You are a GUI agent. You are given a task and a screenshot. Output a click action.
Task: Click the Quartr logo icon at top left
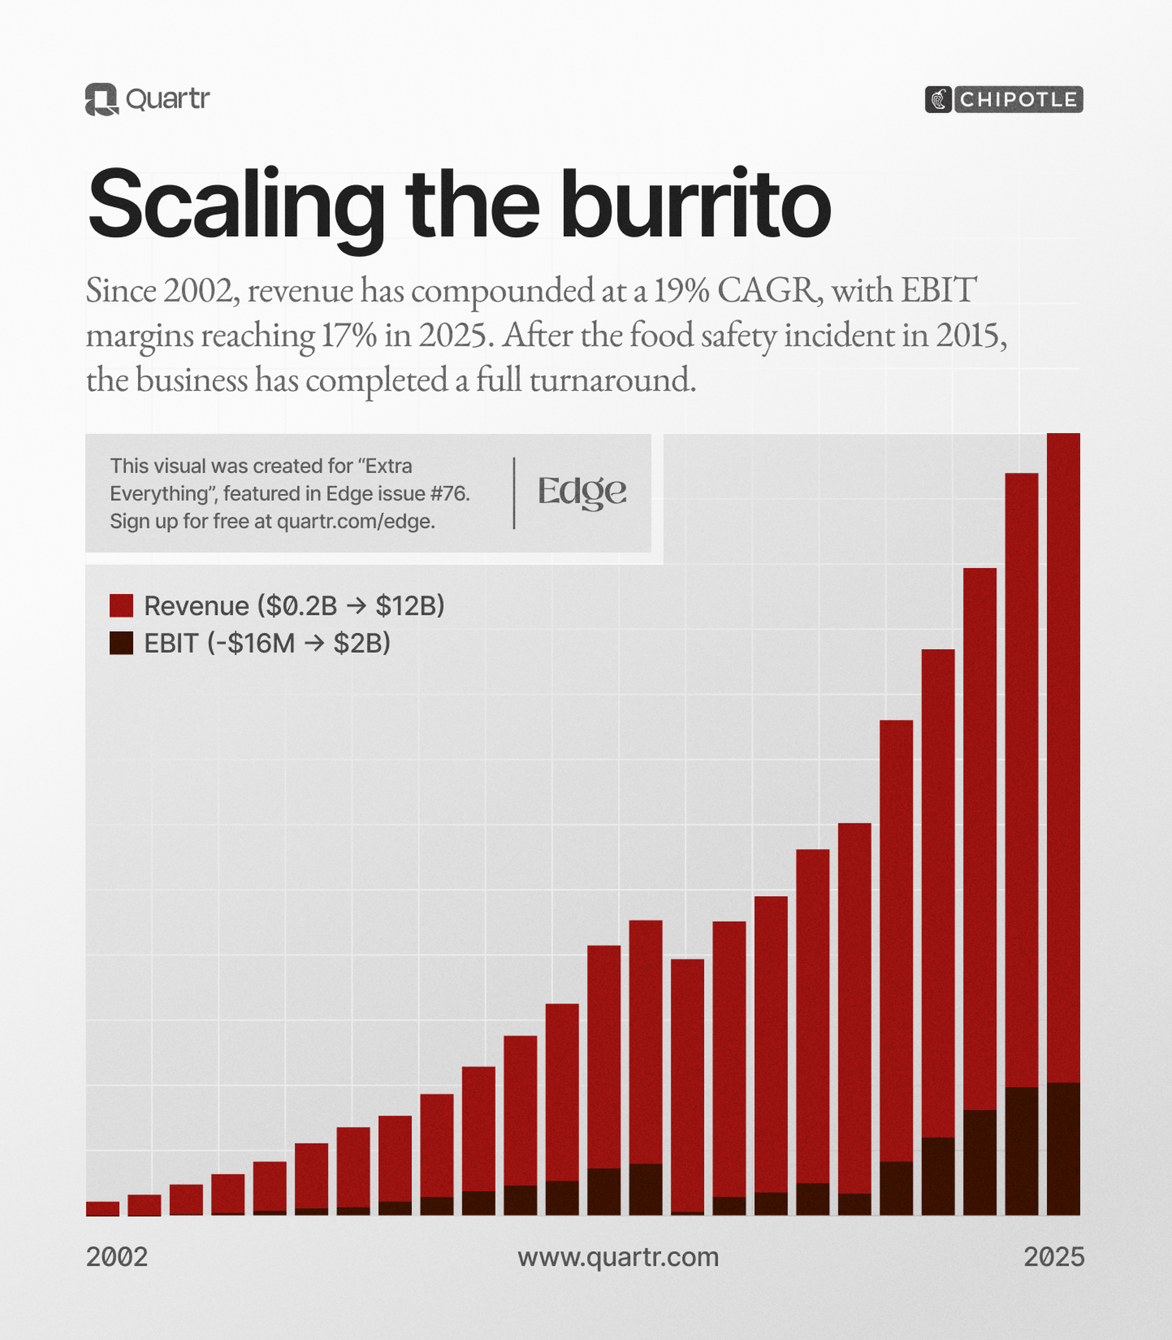coord(101,100)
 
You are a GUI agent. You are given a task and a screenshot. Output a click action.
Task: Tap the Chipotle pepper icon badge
coord(938,100)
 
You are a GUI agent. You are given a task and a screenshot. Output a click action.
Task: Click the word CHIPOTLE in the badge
coord(1018,100)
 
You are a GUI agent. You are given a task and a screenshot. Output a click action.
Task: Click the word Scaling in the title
coord(235,204)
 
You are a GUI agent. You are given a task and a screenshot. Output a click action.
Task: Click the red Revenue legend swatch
coord(121,606)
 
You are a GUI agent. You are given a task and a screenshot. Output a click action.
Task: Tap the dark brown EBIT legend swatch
coord(121,643)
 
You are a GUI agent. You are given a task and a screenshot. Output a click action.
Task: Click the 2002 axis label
coord(116,1257)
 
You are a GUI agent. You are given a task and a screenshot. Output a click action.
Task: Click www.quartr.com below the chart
coord(618,1257)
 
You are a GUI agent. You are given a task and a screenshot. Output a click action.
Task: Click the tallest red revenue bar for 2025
coord(1063,752)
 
